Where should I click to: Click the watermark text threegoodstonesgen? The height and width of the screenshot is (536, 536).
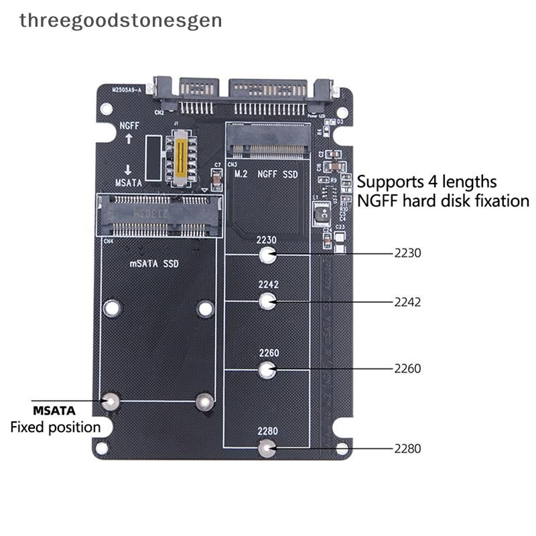point(121,20)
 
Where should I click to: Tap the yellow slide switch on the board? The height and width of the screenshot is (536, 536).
point(180,157)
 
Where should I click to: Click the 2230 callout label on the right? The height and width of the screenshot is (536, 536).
point(407,253)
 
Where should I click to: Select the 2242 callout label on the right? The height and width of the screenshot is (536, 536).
point(407,302)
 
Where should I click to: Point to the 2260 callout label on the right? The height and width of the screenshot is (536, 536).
point(407,368)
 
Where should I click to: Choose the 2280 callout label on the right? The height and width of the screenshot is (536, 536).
point(407,449)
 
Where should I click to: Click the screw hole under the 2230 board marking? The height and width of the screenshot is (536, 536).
point(267,255)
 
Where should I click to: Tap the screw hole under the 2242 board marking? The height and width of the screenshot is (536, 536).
point(267,301)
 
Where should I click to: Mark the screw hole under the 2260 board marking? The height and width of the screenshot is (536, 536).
point(267,369)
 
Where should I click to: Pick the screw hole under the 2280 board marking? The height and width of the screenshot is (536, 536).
point(267,449)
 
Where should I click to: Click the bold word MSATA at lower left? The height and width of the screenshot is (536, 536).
point(54,410)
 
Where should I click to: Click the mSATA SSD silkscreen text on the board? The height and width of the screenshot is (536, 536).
point(153,264)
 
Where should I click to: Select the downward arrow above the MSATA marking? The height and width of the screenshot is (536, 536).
point(129,170)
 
